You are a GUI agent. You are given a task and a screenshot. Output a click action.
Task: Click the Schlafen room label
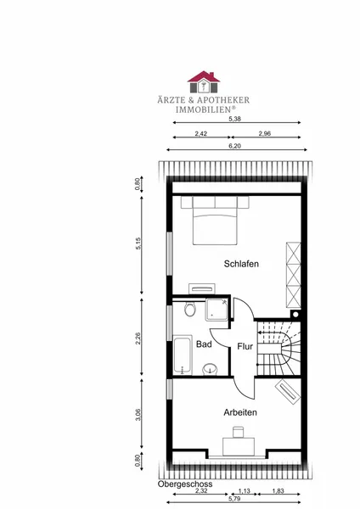[x=241, y=264]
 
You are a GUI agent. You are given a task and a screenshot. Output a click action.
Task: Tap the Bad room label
[x=204, y=344]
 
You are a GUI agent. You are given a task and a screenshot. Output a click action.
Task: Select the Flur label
[x=245, y=346]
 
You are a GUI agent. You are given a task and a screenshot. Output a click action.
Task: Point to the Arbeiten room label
[x=240, y=412]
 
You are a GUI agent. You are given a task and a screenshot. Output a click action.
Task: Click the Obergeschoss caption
[x=185, y=484]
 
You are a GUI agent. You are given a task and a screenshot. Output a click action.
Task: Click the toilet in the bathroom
[x=189, y=309]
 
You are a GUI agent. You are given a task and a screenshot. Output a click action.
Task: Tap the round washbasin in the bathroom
[x=210, y=369]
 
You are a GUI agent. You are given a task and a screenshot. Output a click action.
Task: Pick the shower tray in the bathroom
[x=217, y=310]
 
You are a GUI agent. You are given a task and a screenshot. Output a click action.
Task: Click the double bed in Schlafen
[x=215, y=220]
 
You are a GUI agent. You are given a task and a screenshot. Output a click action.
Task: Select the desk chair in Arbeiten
[x=238, y=433]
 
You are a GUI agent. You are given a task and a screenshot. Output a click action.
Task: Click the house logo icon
[x=204, y=81]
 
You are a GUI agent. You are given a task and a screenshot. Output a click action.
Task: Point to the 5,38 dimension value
[x=234, y=119]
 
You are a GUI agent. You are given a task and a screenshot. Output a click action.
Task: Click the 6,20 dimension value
[x=234, y=146]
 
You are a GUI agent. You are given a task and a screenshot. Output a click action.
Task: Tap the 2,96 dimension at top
[x=265, y=133]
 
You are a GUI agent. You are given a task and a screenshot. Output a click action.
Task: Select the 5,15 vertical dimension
[x=138, y=243]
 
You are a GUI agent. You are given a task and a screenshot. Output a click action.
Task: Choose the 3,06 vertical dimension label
[x=138, y=415]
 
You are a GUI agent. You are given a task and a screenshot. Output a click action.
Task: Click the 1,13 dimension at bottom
[x=245, y=491]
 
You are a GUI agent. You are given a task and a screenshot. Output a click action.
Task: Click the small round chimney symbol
[x=295, y=314]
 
